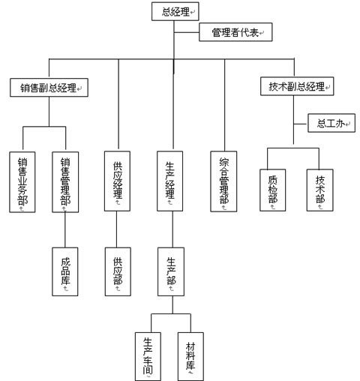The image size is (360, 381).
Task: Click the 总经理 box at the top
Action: (x=175, y=11)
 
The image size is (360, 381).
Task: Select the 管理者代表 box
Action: (x=235, y=32)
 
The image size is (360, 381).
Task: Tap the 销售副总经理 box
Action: (x=49, y=88)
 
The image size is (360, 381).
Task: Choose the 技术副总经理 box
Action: (x=297, y=86)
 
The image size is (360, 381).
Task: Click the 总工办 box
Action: (x=331, y=123)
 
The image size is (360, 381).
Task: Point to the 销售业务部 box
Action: (x=22, y=182)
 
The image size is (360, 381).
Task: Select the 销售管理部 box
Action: (x=65, y=182)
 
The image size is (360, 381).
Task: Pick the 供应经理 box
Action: (x=117, y=181)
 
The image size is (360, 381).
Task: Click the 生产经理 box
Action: (x=170, y=181)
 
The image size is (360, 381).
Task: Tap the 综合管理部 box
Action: (x=223, y=181)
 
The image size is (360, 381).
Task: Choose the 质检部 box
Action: (x=273, y=190)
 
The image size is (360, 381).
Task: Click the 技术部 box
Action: (x=320, y=190)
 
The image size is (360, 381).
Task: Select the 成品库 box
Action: (x=65, y=271)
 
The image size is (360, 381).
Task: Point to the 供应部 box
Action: (x=118, y=271)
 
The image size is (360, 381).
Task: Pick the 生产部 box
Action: (x=171, y=271)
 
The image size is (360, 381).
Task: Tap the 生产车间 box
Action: (x=148, y=356)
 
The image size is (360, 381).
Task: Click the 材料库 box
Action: (x=190, y=356)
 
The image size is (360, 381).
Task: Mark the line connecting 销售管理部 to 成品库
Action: (x=65, y=230)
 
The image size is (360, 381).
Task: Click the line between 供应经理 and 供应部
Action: (x=116, y=229)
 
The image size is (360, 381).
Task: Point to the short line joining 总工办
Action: (x=301, y=124)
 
